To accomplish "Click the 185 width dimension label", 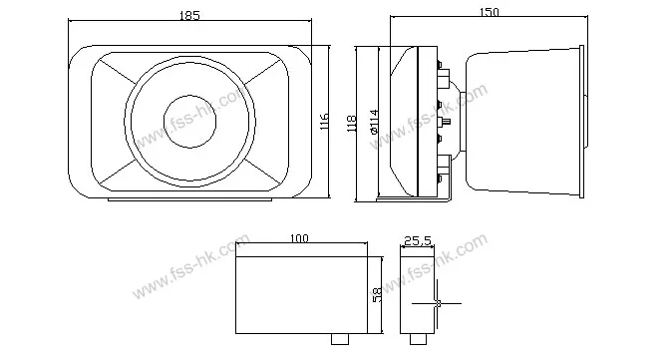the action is (189, 15).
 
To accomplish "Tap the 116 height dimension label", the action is (324, 122).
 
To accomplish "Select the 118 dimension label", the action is (351, 124).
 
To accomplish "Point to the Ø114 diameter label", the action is (374, 122).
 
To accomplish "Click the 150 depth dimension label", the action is (490, 12).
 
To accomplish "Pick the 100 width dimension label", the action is (299, 238).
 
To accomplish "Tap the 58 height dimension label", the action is (377, 294).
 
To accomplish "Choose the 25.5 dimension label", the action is (418, 241).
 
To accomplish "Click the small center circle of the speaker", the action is (190, 122).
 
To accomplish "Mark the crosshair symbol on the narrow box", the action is (438, 303).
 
